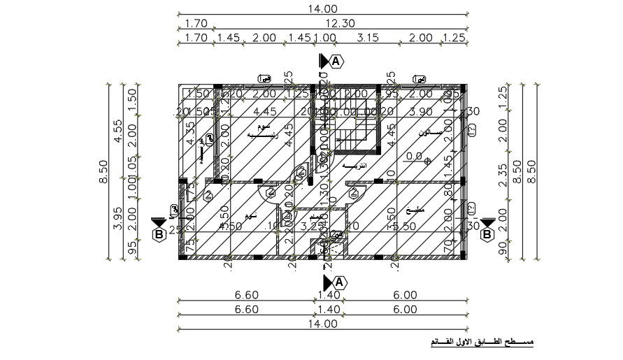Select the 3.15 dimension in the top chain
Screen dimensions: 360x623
tap(368, 37)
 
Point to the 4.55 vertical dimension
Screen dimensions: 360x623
tap(118, 131)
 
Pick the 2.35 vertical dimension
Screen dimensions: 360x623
tap(503, 173)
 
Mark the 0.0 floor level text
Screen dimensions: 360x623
tap(414, 157)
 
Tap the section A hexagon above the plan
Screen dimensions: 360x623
tap(337, 62)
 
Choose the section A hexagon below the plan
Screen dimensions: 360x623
tap(338, 282)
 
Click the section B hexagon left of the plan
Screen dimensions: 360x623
tap(159, 235)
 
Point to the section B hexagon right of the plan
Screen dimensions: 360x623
tap(487, 235)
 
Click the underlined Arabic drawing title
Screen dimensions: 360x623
tap(481, 343)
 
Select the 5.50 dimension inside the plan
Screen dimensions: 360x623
tap(406, 226)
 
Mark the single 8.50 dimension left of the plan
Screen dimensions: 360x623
tap(103, 171)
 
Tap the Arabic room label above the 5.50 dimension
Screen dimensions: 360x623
tap(410, 210)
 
